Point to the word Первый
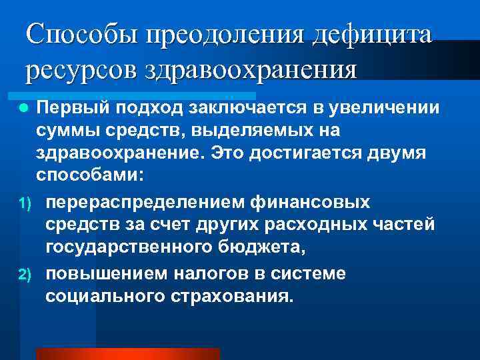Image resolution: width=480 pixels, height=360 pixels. pyautogui.click(x=74, y=108)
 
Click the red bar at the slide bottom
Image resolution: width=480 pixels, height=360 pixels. pyautogui.click(x=127, y=354)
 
